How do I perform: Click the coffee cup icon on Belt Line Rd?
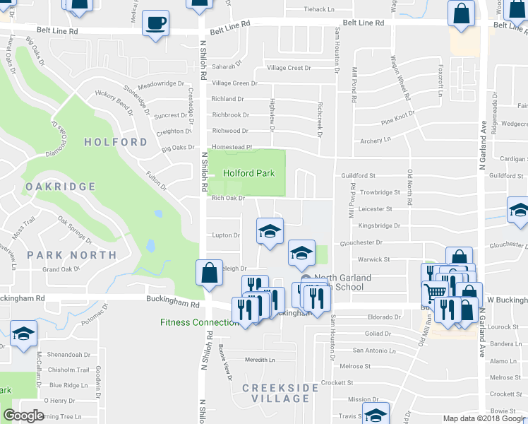155,23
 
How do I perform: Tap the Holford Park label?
248,173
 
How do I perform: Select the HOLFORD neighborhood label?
116,142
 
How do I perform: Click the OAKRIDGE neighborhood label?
61,187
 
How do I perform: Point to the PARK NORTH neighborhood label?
72,255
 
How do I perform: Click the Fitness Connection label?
199,323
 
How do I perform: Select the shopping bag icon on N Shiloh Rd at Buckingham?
210,273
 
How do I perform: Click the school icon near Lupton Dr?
268,232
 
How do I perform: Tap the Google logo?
23,416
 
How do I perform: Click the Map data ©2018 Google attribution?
484,418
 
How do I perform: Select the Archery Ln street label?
376,141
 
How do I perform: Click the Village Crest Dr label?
289,69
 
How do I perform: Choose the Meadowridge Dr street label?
161,83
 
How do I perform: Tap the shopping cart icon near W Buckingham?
436,291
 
